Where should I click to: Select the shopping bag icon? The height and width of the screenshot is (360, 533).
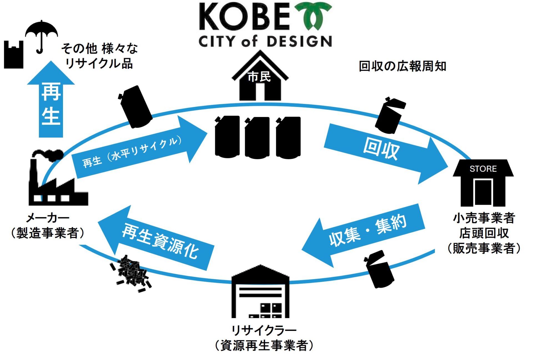[14, 56]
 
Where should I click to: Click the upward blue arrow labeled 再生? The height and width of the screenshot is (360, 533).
[51, 103]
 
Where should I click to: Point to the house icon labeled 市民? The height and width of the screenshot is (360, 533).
[260, 78]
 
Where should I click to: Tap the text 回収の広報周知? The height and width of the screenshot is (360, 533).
[402, 66]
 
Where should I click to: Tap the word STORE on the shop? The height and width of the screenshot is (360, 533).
[483, 169]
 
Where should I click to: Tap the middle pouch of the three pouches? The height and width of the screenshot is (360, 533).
[257, 137]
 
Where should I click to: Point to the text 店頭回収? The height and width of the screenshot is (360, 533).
[484, 233]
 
